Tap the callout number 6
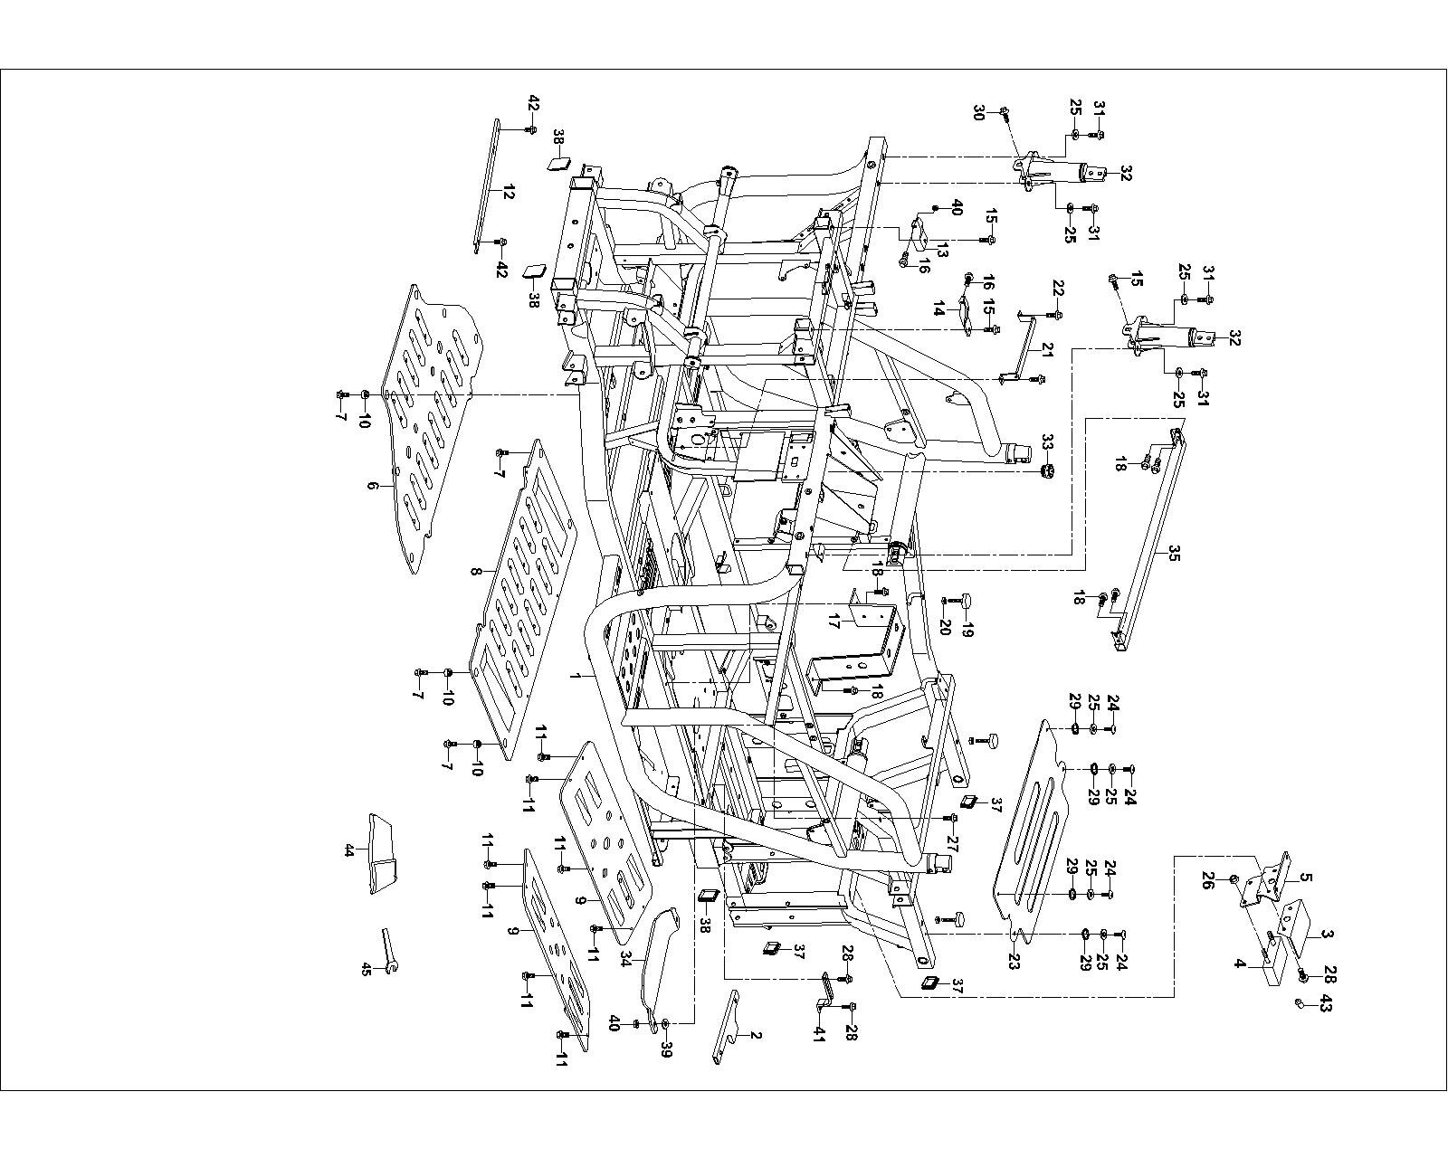pyautogui.click(x=372, y=486)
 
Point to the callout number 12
pyautogui.click(x=508, y=192)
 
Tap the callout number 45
pyautogui.click(x=366, y=969)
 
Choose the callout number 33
pyautogui.click(x=1048, y=442)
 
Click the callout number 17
pyautogui.click(x=833, y=622)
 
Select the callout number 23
pyautogui.click(x=1015, y=963)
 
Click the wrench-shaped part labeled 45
pyautogui.click(x=389, y=950)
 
